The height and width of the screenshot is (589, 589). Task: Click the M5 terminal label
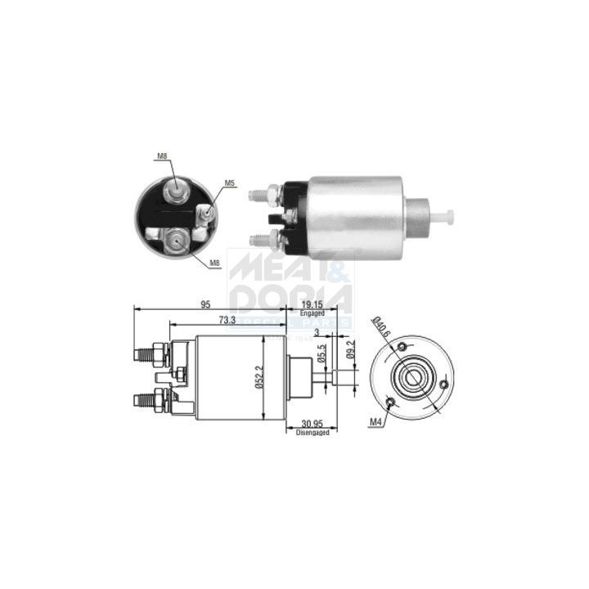pos(230,184)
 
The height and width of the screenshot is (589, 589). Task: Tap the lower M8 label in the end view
pos(214,263)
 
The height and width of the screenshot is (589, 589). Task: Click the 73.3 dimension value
pos(227,321)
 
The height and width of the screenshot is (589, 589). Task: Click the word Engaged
pos(312,312)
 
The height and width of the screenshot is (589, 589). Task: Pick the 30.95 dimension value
pos(312,423)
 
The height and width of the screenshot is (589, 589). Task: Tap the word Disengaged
pos(312,432)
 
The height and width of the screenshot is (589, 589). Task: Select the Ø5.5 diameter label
pos(322,353)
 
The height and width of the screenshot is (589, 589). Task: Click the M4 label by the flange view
pos(375,421)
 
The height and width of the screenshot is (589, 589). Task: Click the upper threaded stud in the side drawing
pos(148,355)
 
